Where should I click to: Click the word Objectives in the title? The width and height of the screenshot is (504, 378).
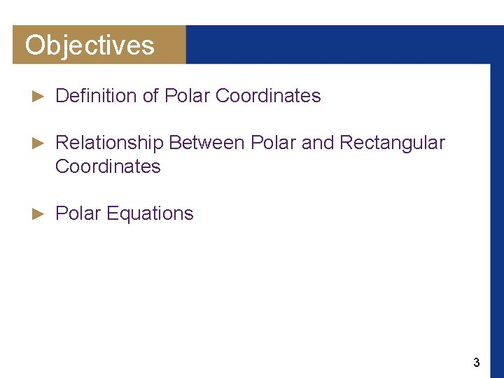pyautogui.click(x=90, y=45)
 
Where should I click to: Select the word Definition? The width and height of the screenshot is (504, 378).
pyautogui.click(x=97, y=96)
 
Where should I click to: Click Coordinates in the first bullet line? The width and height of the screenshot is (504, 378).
pyautogui.click(x=268, y=96)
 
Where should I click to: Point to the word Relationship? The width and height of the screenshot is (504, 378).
pyautogui.click(x=109, y=143)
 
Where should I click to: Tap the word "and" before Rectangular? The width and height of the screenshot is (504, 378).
pyautogui.click(x=318, y=143)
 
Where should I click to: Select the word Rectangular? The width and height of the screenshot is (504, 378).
pyautogui.click(x=392, y=143)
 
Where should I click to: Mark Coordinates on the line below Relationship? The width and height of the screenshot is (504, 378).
pyautogui.click(x=108, y=167)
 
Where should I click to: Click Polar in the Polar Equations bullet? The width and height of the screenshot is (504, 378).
pyautogui.click(x=78, y=213)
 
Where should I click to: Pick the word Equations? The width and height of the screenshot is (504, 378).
pyautogui.click(x=150, y=213)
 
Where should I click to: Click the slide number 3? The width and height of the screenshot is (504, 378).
pyautogui.click(x=477, y=363)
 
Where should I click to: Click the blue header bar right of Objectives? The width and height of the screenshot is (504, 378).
pyautogui.click(x=343, y=45)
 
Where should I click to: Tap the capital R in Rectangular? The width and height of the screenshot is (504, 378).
pyautogui.click(x=346, y=143)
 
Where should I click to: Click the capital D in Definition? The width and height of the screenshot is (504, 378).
pyautogui.click(x=61, y=96)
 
